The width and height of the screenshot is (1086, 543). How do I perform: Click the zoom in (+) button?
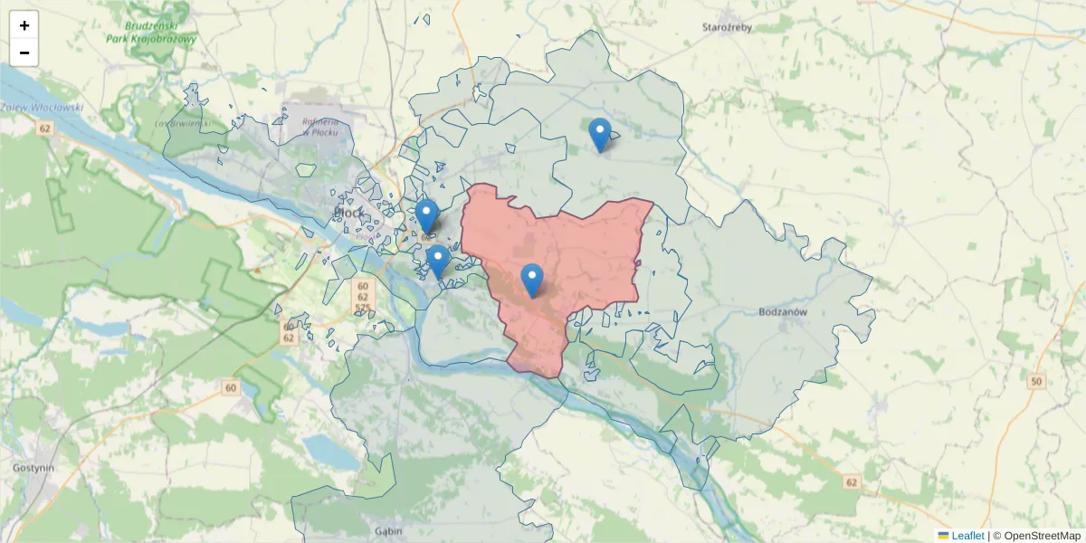pos(24,25)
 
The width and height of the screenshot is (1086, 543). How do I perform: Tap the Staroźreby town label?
pos(727,27)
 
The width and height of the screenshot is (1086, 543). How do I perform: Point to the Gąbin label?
pos(387,531)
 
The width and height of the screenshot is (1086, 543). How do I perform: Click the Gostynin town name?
pos(33,468)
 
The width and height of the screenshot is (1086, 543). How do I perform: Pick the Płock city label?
pos(349,213)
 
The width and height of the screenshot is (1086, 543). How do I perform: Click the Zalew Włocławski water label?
pos(42,107)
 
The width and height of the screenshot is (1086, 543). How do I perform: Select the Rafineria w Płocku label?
pos(320,127)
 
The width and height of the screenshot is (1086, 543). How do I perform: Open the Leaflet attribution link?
pos(967,536)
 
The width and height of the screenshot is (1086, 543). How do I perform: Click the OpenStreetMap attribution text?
pos(1042,536)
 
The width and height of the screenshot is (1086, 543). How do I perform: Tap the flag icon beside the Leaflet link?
pos(943,536)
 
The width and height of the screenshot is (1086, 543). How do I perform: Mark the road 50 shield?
pos(1036,382)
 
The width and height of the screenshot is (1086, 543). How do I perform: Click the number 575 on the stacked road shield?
pos(363,309)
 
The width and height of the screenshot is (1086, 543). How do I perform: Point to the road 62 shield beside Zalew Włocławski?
pos(44,129)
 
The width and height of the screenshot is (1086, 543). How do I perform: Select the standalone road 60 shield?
pos(231,388)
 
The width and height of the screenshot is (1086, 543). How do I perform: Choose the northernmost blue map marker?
pos(599,134)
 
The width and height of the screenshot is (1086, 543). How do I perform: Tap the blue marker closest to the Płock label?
pos(427,216)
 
